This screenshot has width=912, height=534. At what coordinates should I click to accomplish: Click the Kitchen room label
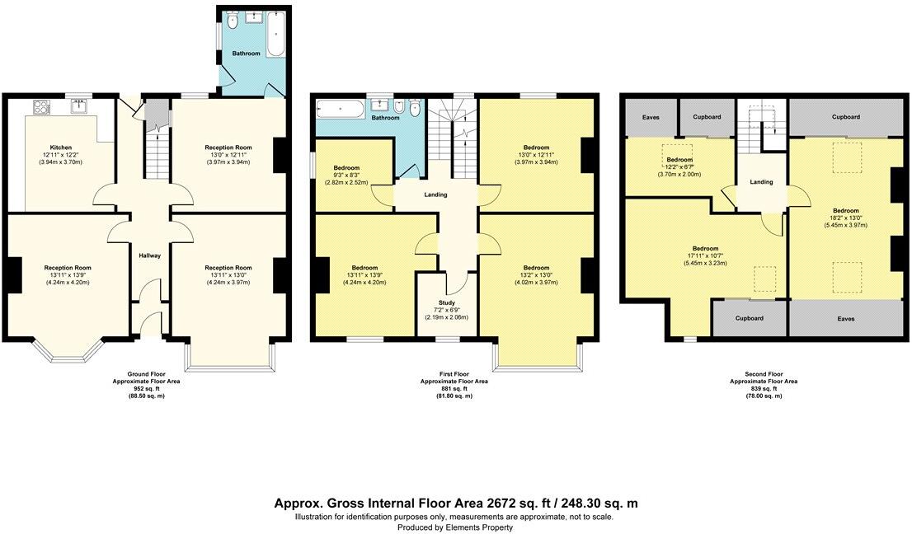pyautogui.click(x=61, y=148)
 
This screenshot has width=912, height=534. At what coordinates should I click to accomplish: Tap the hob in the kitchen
pyautogui.click(x=41, y=106)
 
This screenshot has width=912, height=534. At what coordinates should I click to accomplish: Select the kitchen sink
pyautogui.click(x=81, y=106)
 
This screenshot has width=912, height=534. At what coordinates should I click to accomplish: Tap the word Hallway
pyautogui.click(x=149, y=255)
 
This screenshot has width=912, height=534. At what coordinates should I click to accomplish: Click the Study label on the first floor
pyautogui.click(x=446, y=302)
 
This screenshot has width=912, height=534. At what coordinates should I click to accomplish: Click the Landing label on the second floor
pyautogui.click(x=761, y=181)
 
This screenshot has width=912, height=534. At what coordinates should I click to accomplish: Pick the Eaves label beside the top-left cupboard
pyautogui.click(x=651, y=118)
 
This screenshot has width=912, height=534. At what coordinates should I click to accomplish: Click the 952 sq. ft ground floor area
pyautogui.click(x=145, y=389)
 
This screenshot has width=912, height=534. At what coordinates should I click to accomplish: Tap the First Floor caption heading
pyautogui.click(x=454, y=375)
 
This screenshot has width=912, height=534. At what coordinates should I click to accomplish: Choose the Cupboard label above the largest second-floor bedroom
pyautogui.click(x=845, y=117)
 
